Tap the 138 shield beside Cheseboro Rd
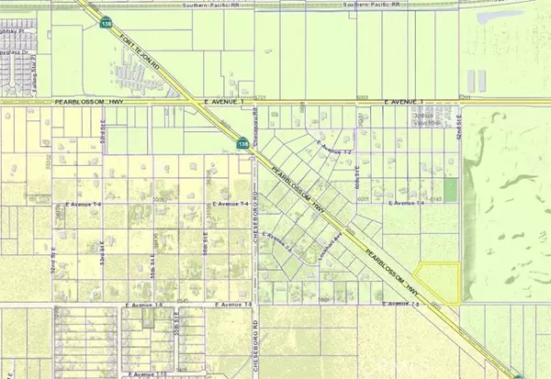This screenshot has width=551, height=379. click(x=242, y=143)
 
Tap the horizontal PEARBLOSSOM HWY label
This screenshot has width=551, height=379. click(x=86, y=102)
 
